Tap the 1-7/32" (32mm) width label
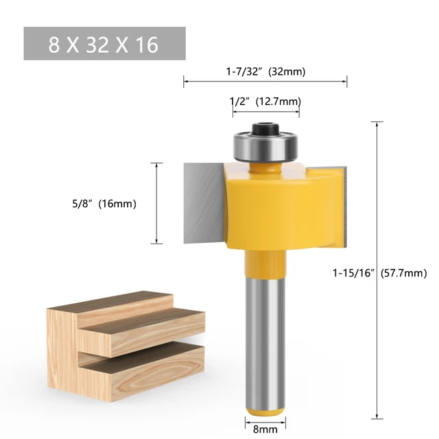pos(265,70)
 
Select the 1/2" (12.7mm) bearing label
pos(265,102)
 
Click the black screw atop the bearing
pos(265,128)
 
